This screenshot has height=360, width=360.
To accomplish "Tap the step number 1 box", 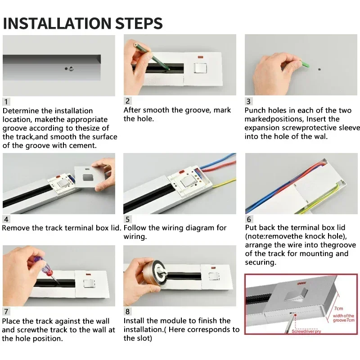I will click(6, 102).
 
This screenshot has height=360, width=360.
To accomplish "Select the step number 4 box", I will click(6, 219).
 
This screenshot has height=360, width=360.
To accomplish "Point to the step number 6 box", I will click(249, 219).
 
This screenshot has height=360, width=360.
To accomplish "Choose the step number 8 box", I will click(128, 311).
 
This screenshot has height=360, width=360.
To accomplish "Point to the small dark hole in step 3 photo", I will click(319, 70).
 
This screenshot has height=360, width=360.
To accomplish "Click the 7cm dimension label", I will click(338, 309).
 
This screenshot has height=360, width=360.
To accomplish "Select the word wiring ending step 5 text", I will click(135, 236).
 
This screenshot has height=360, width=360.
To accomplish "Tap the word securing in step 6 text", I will click(260, 262).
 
